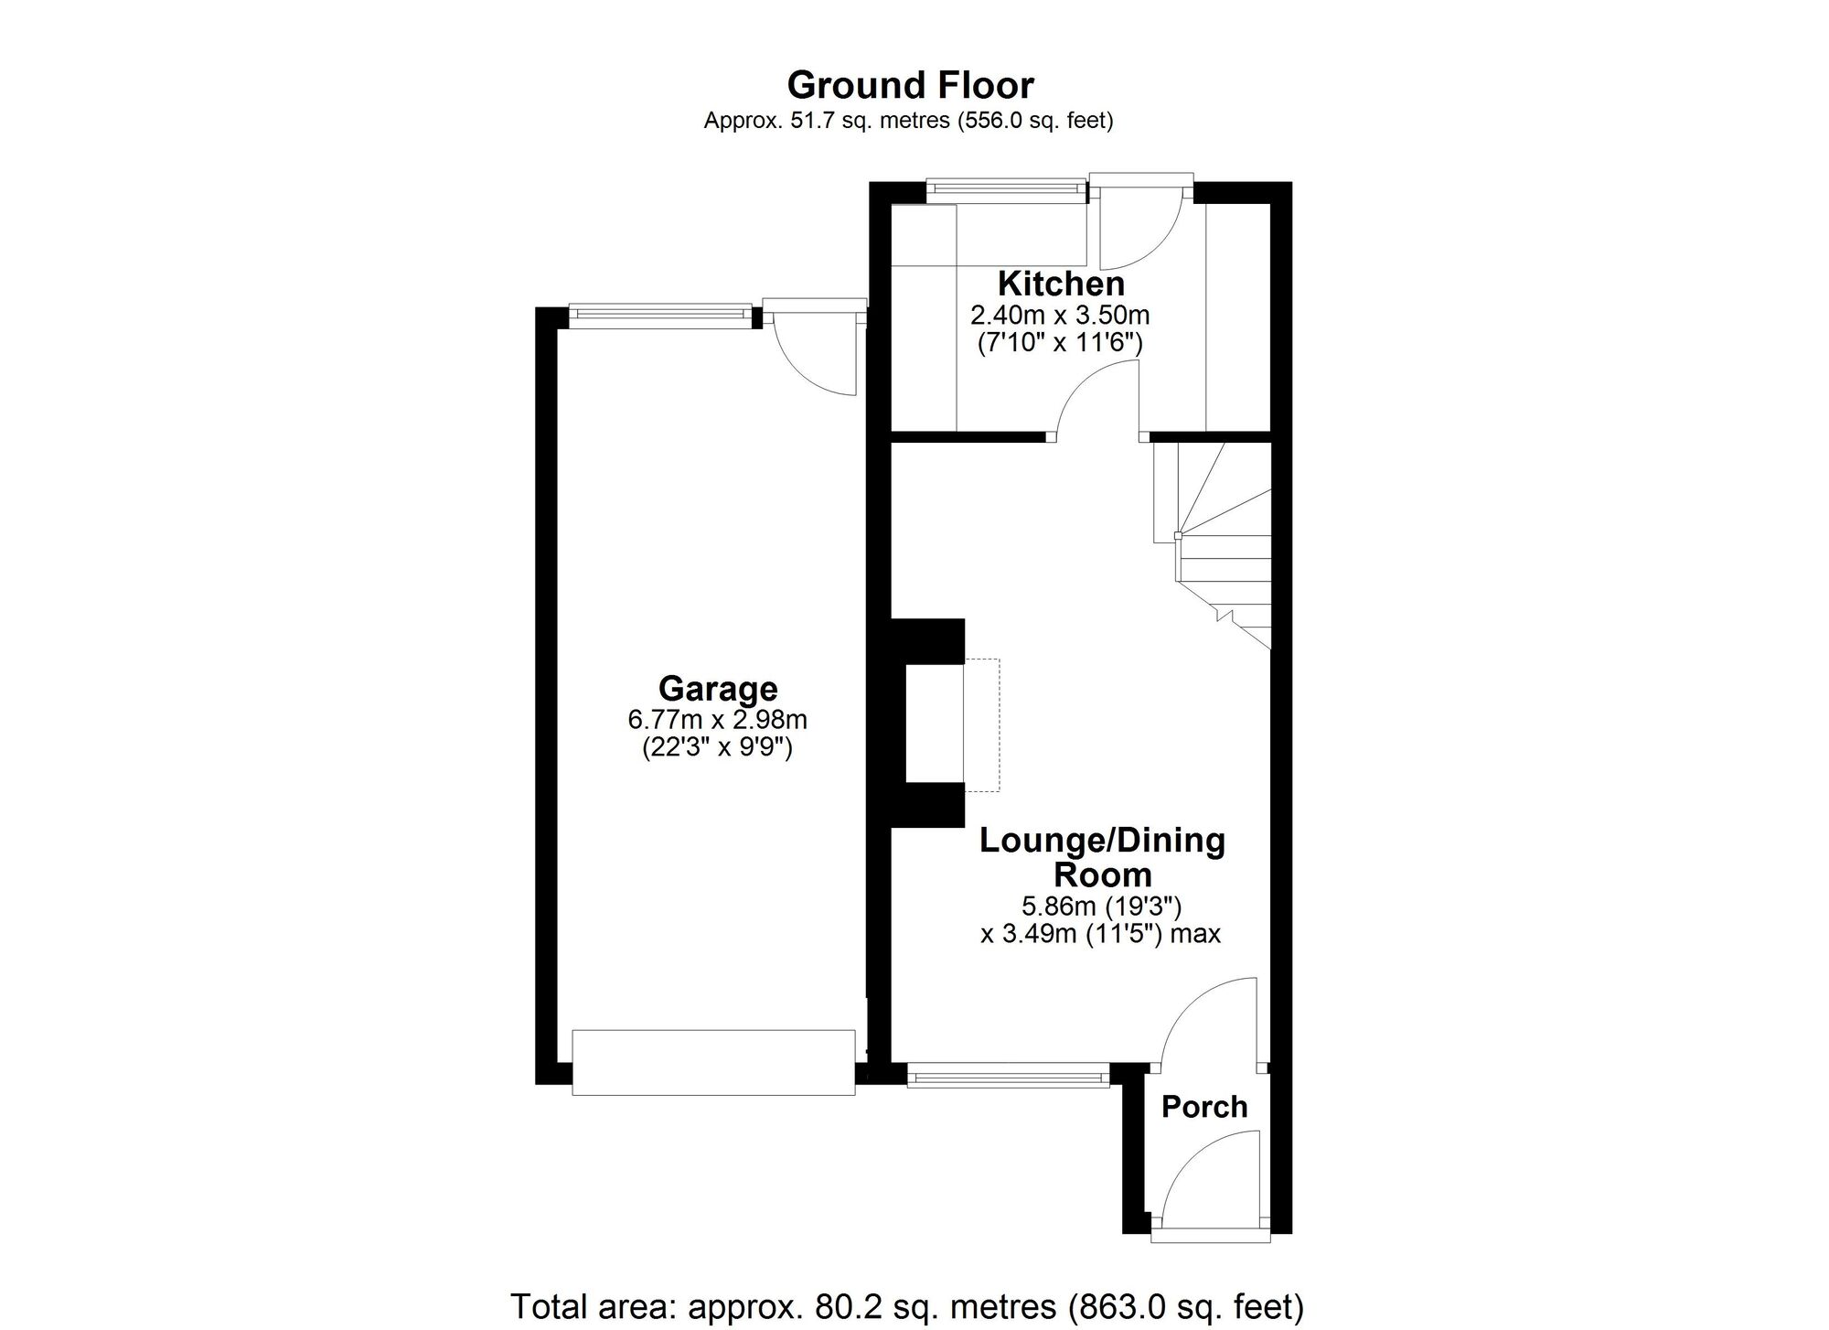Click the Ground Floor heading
click(910, 85)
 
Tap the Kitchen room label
click(1061, 284)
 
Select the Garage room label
click(718, 689)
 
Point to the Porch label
click(1204, 1107)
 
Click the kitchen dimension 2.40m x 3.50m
click(1060, 316)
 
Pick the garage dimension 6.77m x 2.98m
click(718, 720)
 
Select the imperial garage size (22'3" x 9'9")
click(718, 748)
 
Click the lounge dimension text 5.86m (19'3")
click(1102, 906)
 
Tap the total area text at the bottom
click(907, 1306)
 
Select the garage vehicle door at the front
click(713, 1062)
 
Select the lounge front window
click(1008, 1075)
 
